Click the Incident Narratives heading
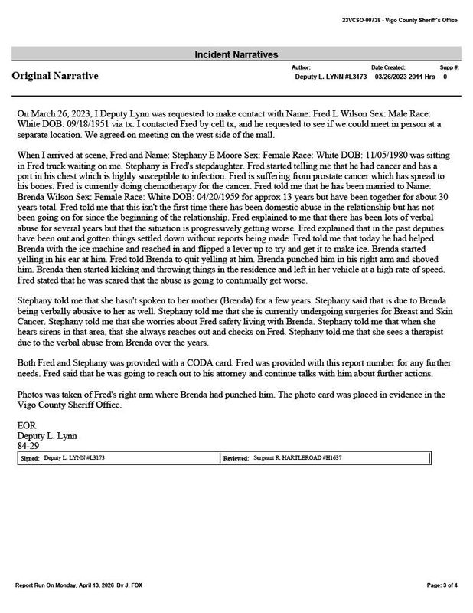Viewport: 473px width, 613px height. tap(236, 54)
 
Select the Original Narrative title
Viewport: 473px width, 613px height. tap(54, 77)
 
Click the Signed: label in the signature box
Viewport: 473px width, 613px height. tap(31, 457)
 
